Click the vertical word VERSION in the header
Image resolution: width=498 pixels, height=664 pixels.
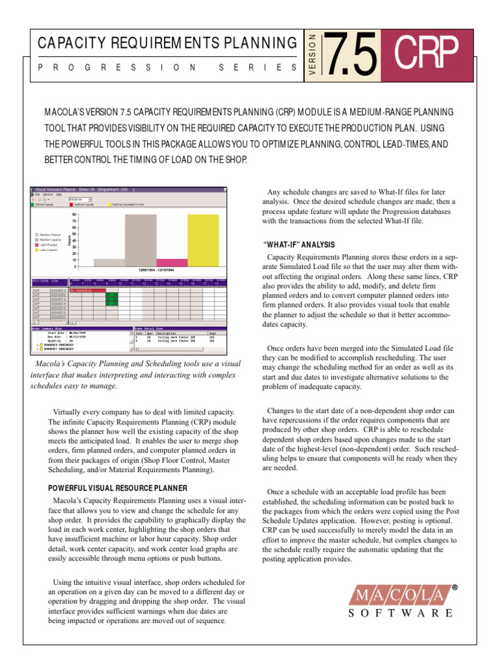coord(313,54)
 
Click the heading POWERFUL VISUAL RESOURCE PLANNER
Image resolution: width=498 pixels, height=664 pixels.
coord(119,488)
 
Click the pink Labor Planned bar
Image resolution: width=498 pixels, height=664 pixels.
coord(172,263)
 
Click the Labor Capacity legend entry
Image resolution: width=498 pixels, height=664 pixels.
coord(49,250)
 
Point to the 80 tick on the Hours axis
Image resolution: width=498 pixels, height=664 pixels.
coord(75,214)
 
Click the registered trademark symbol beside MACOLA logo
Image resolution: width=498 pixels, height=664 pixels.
coord(455,587)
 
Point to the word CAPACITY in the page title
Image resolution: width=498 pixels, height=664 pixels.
coord(73,43)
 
